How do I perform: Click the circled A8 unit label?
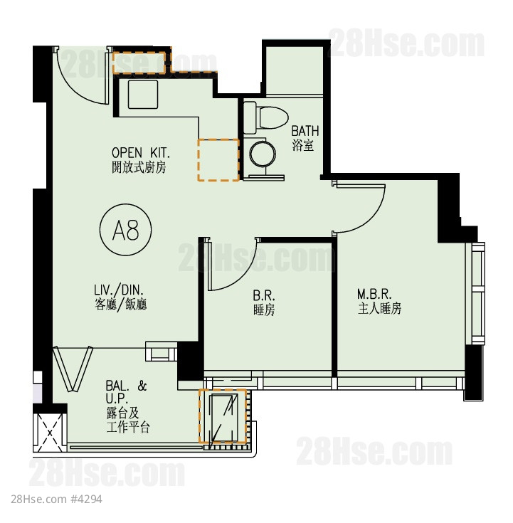pyautogui.click(x=126, y=230)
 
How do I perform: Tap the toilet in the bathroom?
pyautogui.click(x=266, y=117)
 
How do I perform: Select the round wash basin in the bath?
pyautogui.click(x=263, y=154)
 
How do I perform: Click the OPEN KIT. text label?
pyautogui.click(x=141, y=153)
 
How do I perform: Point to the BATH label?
pyautogui.click(x=305, y=131)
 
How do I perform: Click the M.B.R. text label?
pyautogui.click(x=374, y=294)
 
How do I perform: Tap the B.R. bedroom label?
pyautogui.click(x=264, y=295)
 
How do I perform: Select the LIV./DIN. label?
pyautogui.click(x=119, y=290)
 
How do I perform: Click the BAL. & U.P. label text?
pyautogui.click(x=126, y=392)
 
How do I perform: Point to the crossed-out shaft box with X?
pyautogui.click(x=50, y=433)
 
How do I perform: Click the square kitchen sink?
pyautogui.click(x=143, y=95)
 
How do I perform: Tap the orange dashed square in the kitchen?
pyautogui.click(x=218, y=160)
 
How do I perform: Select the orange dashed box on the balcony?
pyautogui.click(x=223, y=416)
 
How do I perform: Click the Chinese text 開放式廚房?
pyautogui.click(x=139, y=167)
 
